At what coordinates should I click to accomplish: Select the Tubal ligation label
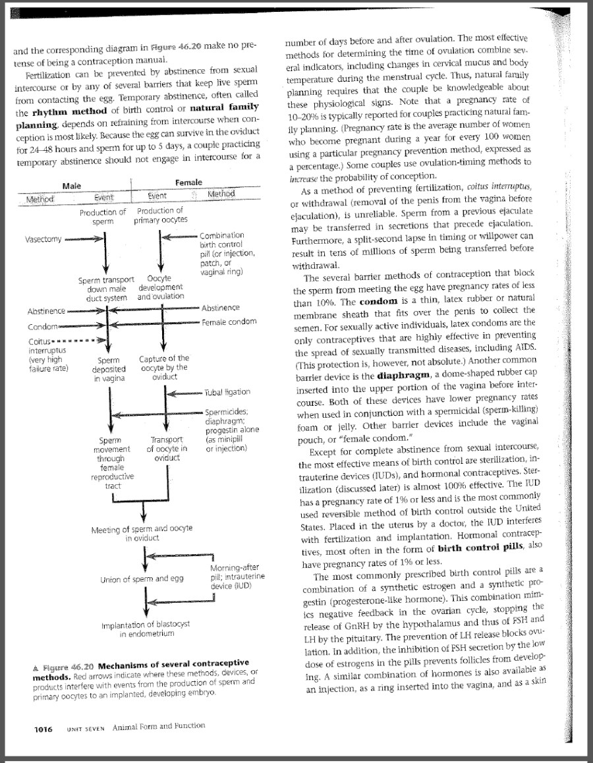pyautogui.click(x=227, y=392)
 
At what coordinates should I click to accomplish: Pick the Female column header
pyautogui.click(x=189, y=183)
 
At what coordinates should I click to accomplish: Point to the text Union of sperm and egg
pyautogui.click(x=142, y=579)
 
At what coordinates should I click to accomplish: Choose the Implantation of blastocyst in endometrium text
pyautogui.click(x=146, y=629)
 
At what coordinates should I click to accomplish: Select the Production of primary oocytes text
pyautogui.click(x=161, y=215)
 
